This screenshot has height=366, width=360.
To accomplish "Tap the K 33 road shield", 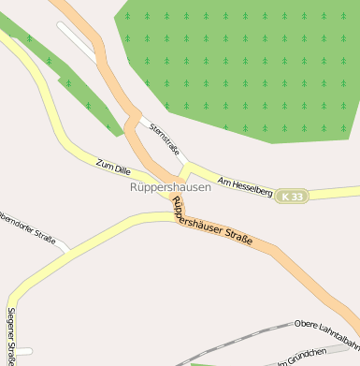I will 292,197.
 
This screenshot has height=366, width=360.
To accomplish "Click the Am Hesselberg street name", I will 244,186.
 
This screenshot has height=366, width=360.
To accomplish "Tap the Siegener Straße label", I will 11,335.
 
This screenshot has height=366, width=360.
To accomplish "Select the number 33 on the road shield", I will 296,197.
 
